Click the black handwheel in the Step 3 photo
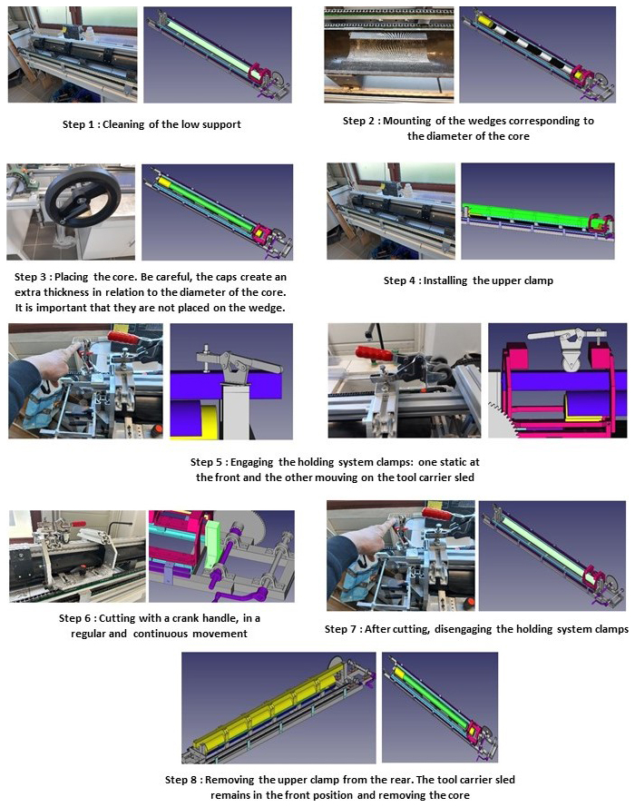(83, 197)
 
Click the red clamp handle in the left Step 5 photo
(123, 338)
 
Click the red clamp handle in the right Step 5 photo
(374, 354)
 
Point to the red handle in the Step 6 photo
(79, 524)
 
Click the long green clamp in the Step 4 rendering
(532, 216)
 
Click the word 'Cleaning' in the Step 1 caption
(123, 124)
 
